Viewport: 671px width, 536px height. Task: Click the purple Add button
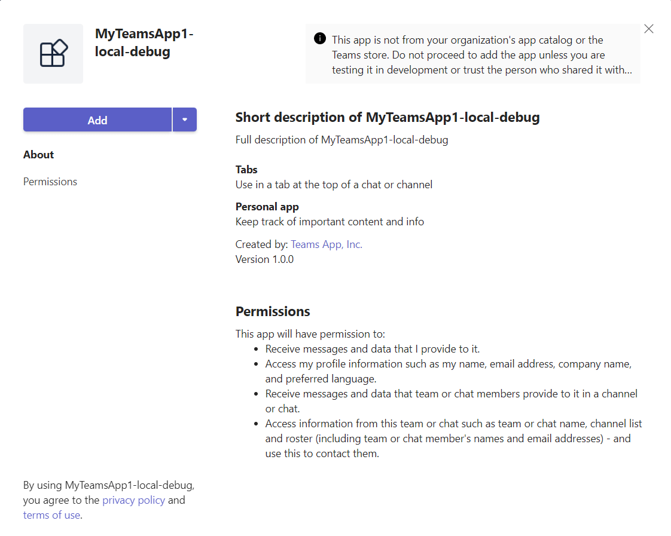97,120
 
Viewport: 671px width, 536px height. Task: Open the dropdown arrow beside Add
185,120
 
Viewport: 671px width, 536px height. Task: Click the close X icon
649,29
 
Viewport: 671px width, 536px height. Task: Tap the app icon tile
53,54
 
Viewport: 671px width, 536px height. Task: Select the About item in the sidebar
39,155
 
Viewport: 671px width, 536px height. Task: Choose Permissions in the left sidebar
50,182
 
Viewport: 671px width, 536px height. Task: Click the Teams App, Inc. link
327,244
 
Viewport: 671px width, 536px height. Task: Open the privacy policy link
133,500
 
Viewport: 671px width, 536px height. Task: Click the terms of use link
51,515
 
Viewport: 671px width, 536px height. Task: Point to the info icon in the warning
320,39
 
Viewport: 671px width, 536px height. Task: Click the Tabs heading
246,170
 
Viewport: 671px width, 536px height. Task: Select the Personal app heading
267,207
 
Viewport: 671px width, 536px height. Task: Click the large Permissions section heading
273,311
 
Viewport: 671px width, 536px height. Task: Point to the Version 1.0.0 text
264,259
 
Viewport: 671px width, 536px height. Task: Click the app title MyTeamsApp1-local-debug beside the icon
144,42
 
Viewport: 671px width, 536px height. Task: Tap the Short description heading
388,117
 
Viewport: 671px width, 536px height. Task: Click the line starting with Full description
341,140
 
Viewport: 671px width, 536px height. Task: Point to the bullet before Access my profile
257,364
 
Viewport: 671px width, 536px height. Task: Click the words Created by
261,244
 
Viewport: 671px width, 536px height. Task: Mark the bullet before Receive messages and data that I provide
257,349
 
